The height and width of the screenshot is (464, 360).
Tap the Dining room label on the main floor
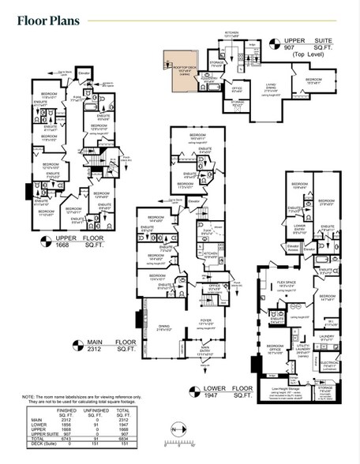163,326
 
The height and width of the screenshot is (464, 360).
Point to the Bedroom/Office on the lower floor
275,348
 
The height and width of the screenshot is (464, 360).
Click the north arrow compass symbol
175,450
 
